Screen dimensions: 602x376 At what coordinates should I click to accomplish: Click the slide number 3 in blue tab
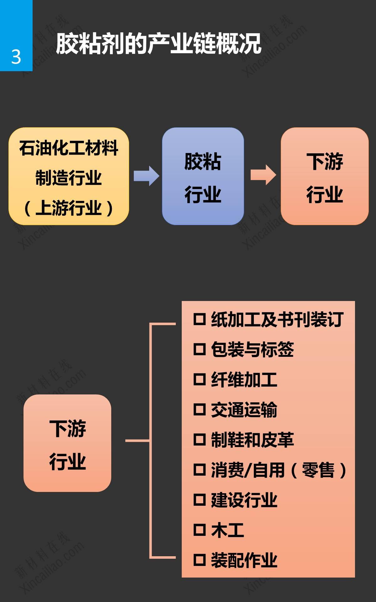[16, 57]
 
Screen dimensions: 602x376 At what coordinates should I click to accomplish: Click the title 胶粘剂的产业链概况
[158, 44]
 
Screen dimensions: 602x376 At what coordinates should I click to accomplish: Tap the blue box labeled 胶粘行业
[203, 176]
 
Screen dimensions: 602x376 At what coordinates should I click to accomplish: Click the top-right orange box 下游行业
[325, 176]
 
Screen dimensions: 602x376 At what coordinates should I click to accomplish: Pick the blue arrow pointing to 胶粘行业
[146, 176]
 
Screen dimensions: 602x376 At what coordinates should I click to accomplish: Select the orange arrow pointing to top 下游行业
[263, 175]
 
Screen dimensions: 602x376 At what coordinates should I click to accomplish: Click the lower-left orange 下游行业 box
[67, 443]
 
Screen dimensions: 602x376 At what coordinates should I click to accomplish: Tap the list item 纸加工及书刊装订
[277, 319]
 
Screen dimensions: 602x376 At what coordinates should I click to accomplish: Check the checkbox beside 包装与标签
[199, 349]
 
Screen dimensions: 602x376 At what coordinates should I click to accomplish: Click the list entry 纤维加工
[244, 379]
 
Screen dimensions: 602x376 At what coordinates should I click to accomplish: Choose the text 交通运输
[244, 409]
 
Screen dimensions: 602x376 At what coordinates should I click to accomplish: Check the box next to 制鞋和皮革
[199, 440]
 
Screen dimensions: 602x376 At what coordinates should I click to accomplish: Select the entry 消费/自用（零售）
[278, 470]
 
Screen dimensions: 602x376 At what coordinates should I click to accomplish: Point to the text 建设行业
[244, 500]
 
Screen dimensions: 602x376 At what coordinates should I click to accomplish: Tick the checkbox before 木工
[199, 530]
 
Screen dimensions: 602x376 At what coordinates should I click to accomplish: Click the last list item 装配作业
[244, 560]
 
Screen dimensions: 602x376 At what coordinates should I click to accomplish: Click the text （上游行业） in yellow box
[69, 208]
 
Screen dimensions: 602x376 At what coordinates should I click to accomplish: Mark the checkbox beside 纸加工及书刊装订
[199, 319]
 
